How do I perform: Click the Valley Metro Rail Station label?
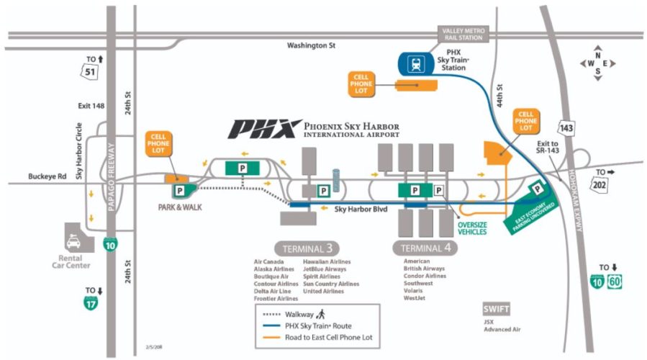pyautogui.click(x=463, y=33)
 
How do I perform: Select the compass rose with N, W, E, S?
pyautogui.click(x=597, y=63)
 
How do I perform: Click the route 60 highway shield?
pyautogui.click(x=615, y=281)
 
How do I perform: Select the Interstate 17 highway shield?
pyautogui.click(x=91, y=303)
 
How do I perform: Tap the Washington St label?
pyautogui.click(x=312, y=45)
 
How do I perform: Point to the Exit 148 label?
pyautogui.click(x=91, y=106)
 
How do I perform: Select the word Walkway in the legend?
pyautogui.click(x=299, y=314)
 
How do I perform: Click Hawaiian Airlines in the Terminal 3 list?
pyautogui.click(x=326, y=261)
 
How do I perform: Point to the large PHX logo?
pyautogui.click(x=263, y=129)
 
